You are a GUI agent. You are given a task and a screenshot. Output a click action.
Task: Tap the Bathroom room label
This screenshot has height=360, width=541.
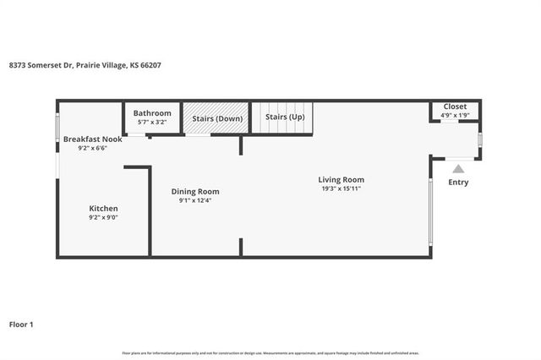coord(152,113)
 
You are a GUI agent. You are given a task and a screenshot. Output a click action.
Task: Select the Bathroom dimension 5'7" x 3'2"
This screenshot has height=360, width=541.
coord(152,123)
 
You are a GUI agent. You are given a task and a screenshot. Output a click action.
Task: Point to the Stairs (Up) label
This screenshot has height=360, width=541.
coord(285,117)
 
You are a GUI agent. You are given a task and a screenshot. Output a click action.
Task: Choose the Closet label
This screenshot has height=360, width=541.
coord(455,106)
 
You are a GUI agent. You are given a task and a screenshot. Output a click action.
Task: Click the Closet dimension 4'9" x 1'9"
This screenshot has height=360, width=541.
coord(455,115)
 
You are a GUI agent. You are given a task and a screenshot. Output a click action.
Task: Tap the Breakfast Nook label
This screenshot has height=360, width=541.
coord(93,139)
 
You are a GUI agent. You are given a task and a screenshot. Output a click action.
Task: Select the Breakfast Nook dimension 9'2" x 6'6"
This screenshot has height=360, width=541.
coord(93,149)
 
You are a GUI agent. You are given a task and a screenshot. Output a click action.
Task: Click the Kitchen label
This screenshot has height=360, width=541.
coord(104,208)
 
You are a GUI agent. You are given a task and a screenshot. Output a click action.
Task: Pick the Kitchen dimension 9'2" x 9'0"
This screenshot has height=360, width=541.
coord(104,218)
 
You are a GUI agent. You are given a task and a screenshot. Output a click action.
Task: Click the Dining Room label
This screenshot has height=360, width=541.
coord(195,192)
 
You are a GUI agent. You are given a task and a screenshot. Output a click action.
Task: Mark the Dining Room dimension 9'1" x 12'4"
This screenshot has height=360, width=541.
coord(195,201)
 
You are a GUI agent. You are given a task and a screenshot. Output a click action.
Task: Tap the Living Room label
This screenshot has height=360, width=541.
coord(341,179)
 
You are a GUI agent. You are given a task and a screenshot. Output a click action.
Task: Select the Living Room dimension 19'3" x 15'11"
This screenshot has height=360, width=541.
coord(341,188)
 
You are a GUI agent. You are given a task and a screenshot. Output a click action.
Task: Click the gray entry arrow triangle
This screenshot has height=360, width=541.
coord(457,169)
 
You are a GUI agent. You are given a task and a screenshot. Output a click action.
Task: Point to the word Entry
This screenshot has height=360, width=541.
coord(458,183)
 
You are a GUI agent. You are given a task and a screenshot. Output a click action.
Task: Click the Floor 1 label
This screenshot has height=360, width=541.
coord(21,324)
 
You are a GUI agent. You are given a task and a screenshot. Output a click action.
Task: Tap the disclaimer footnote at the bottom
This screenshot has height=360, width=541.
coord(270,352)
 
